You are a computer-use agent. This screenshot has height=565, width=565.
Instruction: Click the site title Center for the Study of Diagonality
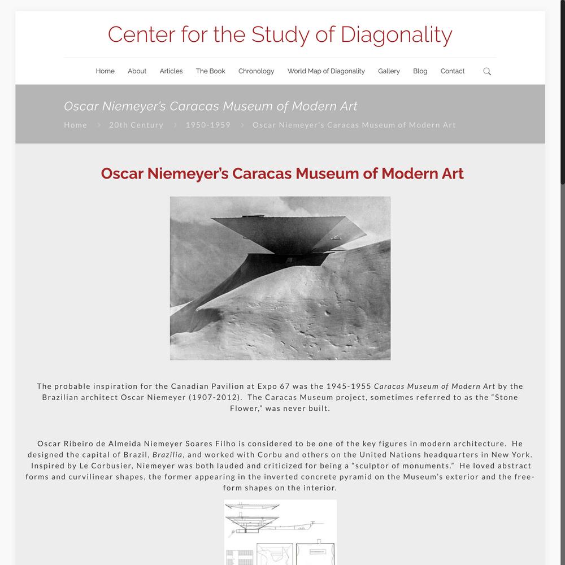point(280,34)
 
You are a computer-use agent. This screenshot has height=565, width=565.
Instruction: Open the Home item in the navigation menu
point(105,71)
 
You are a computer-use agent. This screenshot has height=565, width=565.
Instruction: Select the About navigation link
point(137,71)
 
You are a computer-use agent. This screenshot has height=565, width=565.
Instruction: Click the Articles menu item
point(171,71)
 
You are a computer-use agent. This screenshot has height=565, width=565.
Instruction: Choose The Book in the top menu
point(210,71)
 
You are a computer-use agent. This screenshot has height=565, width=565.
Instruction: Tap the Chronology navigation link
point(256,71)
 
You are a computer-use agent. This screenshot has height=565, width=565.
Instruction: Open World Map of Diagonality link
point(326,71)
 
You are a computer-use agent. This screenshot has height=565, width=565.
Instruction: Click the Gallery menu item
point(389,71)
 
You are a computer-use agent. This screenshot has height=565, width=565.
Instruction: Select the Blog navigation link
point(420,71)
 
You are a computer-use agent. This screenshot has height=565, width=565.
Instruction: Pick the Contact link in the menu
point(453,71)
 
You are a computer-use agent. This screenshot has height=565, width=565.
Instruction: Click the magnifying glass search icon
point(487,71)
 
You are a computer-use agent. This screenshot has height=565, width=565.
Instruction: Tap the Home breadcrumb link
point(76,125)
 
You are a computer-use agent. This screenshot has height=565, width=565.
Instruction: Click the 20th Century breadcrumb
point(136,125)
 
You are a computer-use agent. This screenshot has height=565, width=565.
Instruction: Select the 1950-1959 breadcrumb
point(208,125)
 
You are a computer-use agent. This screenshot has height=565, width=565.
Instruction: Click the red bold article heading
point(282,173)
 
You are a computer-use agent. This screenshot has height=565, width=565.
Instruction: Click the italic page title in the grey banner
point(210,106)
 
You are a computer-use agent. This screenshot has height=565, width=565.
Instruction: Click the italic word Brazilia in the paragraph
point(168,454)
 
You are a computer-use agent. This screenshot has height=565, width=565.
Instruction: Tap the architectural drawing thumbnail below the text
point(280,532)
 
